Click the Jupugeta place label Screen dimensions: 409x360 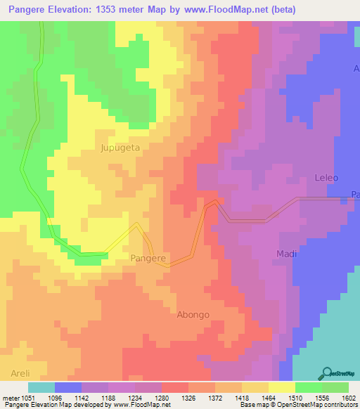click(x=120, y=148)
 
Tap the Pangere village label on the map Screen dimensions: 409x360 click(x=148, y=259)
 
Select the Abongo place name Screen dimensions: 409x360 click(x=193, y=315)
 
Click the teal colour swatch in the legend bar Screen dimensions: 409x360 click(x=41, y=388)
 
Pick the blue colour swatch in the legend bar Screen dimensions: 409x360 click(x=68, y=388)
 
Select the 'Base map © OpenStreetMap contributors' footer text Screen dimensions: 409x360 click(x=298, y=404)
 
